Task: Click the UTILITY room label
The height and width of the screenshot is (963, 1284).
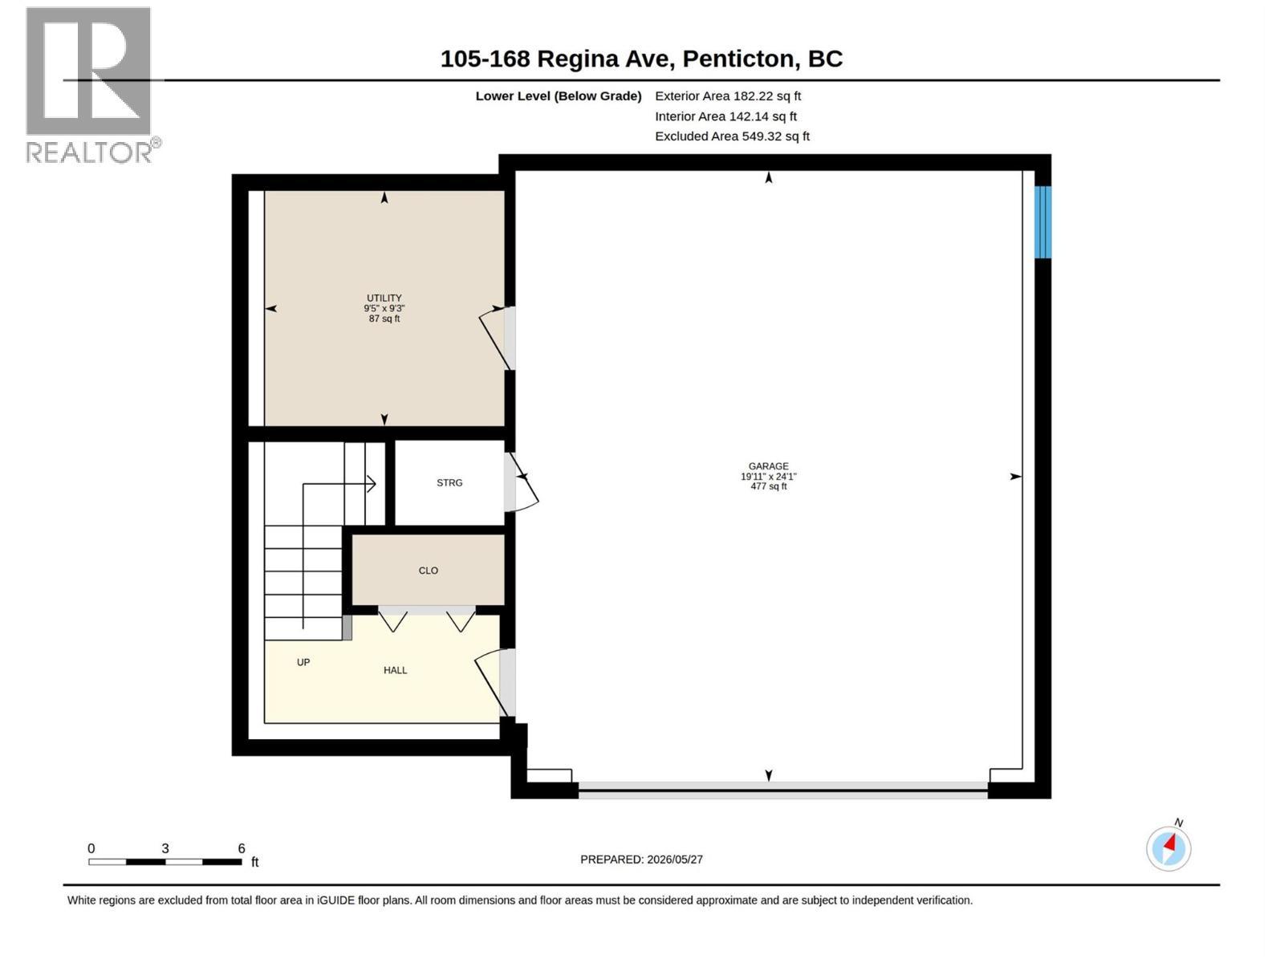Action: pos(384,298)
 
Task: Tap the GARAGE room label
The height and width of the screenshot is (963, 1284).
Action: pos(768,466)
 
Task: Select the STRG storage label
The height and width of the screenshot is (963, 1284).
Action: pos(449,482)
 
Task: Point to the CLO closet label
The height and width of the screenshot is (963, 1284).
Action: pos(429,570)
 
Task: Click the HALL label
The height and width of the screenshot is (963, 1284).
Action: pos(395,670)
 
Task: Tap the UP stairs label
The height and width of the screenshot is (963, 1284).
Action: pos(303,662)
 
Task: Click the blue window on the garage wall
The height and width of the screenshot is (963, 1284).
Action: pos(1042,221)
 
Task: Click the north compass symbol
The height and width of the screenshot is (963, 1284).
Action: pos(1168,847)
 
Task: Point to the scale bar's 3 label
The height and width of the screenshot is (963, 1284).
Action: pos(165,847)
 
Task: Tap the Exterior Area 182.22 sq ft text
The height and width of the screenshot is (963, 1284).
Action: pos(728,95)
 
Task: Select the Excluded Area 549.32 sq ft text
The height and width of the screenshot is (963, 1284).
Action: pos(732,136)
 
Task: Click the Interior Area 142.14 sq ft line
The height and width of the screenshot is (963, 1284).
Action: pos(725,116)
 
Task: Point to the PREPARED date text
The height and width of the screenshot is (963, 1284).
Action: pos(641,859)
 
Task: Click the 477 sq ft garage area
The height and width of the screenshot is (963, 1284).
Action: pos(768,486)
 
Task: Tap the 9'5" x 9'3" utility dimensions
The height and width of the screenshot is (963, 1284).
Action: pos(384,308)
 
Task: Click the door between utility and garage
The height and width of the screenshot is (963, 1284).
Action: pos(498,339)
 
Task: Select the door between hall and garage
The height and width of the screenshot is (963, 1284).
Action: pos(495,682)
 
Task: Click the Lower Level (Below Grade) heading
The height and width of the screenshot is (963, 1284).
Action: pos(558,95)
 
